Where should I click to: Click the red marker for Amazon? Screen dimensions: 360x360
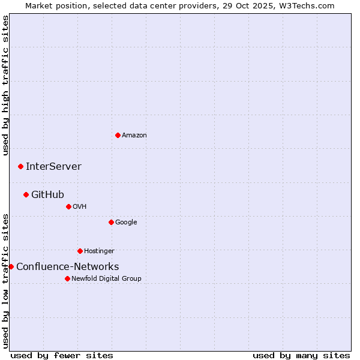point(118,135)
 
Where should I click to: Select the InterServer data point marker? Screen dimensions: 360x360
point(20,166)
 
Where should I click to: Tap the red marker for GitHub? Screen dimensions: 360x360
point(26,194)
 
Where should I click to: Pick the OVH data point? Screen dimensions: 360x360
point(68,206)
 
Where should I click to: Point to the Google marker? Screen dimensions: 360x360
point(111,222)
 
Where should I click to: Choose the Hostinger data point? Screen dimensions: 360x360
point(80,251)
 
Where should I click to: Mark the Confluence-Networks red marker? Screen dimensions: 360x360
point(11,266)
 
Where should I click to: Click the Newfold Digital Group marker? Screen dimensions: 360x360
point(67,278)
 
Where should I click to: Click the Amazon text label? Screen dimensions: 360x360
point(134,136)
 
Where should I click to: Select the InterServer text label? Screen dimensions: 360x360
point(53,167)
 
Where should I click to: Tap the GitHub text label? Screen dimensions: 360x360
point(47,195)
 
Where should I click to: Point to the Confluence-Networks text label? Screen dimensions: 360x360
point(67,267)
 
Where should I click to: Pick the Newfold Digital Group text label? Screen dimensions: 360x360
point(106,278)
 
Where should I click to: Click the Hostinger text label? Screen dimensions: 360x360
point(99,251)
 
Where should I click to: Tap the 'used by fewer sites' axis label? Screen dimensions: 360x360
point(62,355)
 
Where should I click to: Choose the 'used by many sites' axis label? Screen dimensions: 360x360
point(301,355)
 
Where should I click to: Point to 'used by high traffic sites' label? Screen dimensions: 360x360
point(6,86)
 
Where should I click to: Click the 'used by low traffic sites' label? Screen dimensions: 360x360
point(6,280)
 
